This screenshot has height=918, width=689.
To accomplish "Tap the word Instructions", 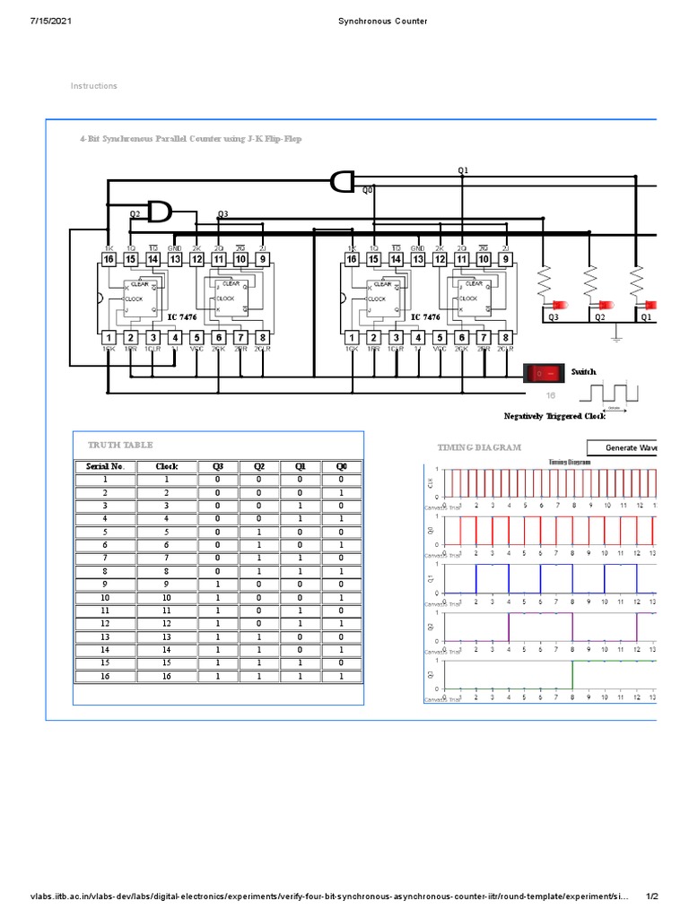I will [x=94, y=86].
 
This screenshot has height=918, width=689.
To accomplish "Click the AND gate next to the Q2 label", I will [x=160, y=212].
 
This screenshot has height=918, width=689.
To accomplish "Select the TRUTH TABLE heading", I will [x=120, y=445].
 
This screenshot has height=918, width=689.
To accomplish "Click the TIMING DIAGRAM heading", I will [x=479, y=447].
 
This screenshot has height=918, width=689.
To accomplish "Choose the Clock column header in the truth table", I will [x=167, y=466].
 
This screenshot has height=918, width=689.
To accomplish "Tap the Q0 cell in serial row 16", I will [x=341, y=676].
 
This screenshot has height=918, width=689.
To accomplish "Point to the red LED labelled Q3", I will [x=554, y=306].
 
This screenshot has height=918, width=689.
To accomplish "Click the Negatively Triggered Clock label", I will [x=554, y=416].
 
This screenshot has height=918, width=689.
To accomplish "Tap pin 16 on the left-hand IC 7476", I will [x=109, y=259].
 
